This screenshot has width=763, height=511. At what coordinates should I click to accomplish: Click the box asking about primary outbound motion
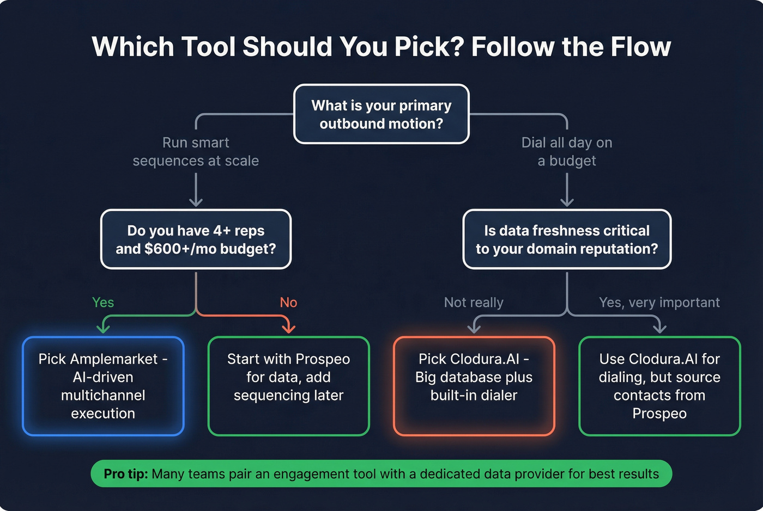pos(381,114)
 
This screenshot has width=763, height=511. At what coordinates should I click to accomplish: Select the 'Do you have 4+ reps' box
pos(196,239)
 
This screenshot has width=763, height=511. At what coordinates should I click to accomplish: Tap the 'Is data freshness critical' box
pos(567,239)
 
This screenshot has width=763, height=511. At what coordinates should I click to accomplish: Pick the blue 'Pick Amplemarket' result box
pos(103,386)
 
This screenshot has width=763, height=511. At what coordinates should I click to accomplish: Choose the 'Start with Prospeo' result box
pos(288,386)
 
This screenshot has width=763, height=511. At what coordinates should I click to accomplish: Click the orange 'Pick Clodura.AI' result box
pos(474,386)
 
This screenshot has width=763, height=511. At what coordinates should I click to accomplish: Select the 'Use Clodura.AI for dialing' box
pos(659,386)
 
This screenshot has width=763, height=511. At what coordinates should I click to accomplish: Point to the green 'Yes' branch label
pos(103,303)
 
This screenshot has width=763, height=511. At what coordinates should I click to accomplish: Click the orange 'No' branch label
pos(288,303)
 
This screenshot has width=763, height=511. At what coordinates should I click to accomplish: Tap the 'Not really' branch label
pos(474,303)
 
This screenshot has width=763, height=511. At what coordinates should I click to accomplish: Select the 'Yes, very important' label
pos(659,303)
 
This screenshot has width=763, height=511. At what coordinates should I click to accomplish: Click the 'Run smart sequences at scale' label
pos(196,152)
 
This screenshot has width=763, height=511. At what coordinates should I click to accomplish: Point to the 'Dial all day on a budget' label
pos(567,152)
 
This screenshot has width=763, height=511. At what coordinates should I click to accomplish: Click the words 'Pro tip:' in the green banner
pos(126,474)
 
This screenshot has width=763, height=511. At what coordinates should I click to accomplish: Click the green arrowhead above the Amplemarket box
pos(103,328)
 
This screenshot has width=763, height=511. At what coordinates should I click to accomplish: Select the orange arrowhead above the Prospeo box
pos(288,328)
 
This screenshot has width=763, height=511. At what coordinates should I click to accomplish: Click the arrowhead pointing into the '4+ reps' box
pos(196,202)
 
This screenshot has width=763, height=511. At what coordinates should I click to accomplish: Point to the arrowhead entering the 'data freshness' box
pos(567,202)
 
